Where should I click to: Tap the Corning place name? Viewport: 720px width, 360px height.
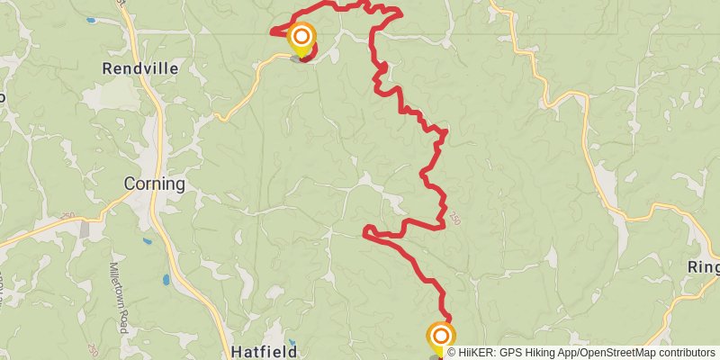coord(154,184)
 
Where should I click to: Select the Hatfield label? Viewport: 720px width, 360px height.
coord(264,351)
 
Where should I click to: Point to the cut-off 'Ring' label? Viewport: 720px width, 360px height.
coord(703,268)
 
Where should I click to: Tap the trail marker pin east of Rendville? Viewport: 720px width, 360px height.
coord(301,40)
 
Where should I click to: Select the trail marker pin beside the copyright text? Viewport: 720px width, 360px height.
coord(440,339)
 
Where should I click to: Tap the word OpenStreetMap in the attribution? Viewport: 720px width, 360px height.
coord(616,353)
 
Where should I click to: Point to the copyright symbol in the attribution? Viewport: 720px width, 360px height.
coord(452,353)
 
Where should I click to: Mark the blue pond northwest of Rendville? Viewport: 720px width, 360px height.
coord(91,19)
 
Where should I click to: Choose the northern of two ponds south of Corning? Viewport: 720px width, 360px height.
coord(147,241)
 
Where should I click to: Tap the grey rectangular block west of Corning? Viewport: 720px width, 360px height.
coord(85,230)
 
